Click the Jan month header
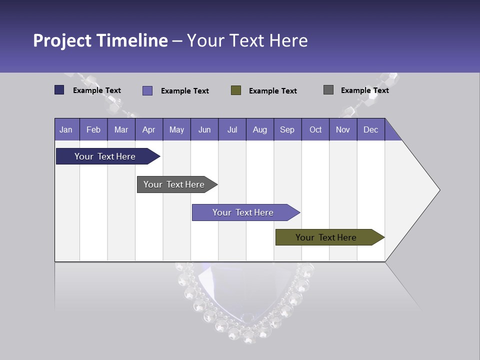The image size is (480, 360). pos(66,129)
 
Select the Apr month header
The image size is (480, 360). pos(148,129)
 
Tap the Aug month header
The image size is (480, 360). pos(259,129)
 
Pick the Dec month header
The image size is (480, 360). pos(370,129)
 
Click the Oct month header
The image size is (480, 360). pos(315,129)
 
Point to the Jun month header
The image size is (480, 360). pos(204,129)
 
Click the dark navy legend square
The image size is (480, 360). pos(59,90)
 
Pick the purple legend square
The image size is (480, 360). pos(147,90)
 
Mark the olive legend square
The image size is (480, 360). pos(236,90)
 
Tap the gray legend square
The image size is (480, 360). pos(328,90)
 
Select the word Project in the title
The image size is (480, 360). pos(62,40)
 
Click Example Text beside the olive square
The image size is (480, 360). pos(272,91)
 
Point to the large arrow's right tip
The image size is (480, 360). pos(438,190)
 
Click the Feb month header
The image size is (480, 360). pos(93,129)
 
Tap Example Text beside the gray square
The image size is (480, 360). pos(364,90)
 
